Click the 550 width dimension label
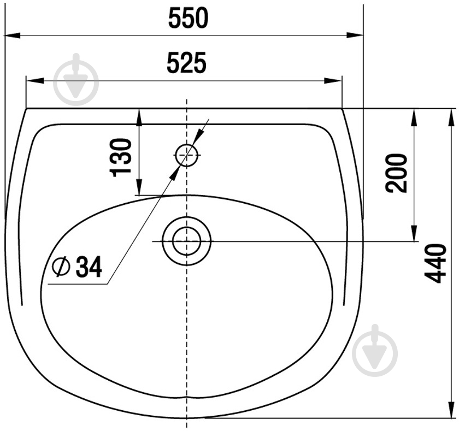click(188, 18)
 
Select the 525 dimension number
click(187, 63)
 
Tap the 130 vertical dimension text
click(121, 158)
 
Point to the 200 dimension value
click(396, 173)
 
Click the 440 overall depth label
click(436, 264)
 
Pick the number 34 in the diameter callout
click(89, 267)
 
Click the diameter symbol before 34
click(61, 267)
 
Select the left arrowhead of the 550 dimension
click(11, 36)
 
